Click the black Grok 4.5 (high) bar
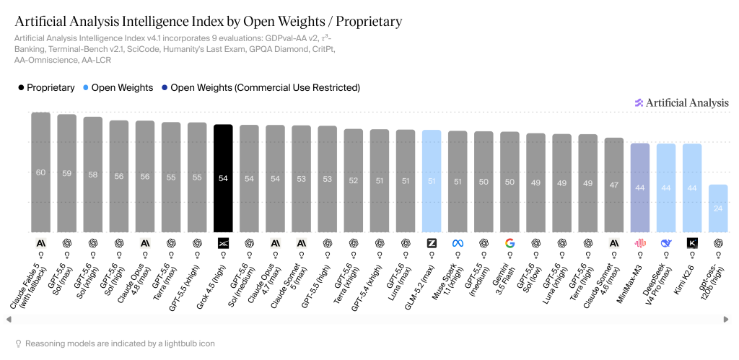[223, 178]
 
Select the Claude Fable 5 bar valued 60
[41, 172]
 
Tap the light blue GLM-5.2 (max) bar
[432, 181]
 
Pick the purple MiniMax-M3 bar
[640, 188]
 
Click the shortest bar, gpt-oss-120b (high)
[718, 208]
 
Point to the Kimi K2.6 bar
[692, 188]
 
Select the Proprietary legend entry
[46, 87]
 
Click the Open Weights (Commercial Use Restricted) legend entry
[259, 87]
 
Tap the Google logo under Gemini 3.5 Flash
[510, 243]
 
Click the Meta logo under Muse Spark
[458, 243]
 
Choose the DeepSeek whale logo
[666, 243]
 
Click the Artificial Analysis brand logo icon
[639, 102]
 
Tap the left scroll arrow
[9, 320]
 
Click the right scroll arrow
[726, 320]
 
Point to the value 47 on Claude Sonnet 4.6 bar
[613, 185]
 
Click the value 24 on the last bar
[718, 208]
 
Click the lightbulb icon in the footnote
[18, 343]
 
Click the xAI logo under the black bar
[223, 243]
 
